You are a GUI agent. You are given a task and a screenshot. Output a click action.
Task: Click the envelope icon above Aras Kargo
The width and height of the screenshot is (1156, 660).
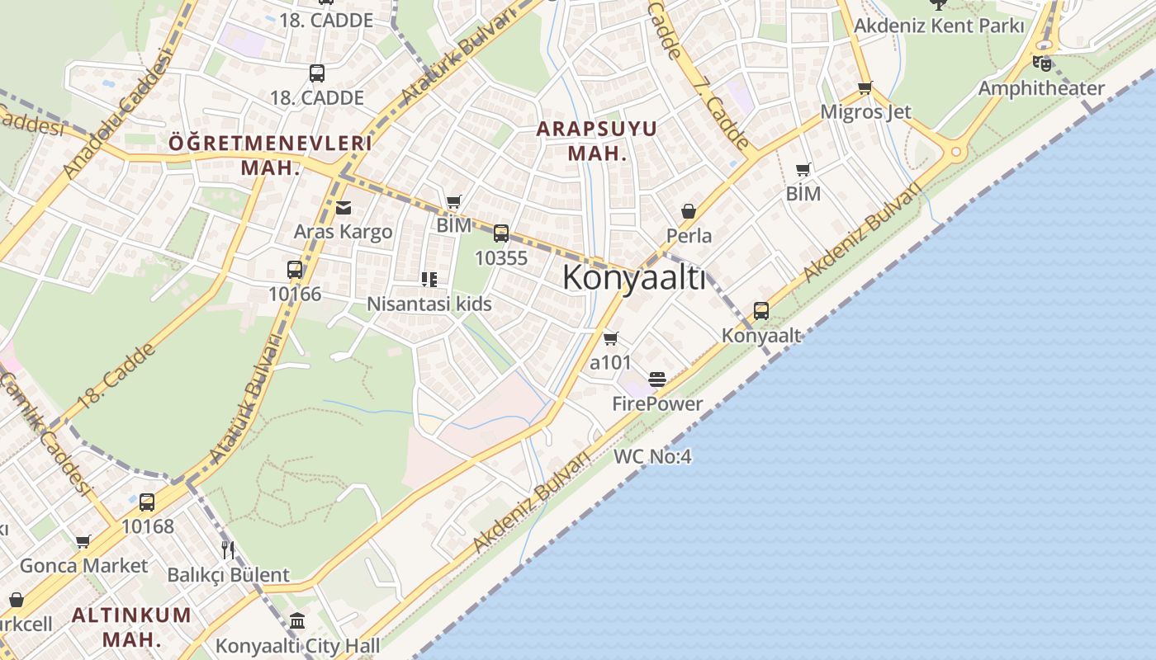tap(343, 208)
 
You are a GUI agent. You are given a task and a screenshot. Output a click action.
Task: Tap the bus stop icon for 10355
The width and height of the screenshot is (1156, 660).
tap(501, 233)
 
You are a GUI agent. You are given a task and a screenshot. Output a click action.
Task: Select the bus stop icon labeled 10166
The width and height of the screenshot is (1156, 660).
tap(295, 270)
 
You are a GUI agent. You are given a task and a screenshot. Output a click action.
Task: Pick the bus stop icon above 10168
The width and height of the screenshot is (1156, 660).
tap(147, 502)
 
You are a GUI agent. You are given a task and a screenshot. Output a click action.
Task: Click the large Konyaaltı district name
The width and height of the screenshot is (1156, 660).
tap(634, 279)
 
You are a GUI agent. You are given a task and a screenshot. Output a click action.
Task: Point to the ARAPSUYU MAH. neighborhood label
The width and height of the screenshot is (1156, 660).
tap(597, 140)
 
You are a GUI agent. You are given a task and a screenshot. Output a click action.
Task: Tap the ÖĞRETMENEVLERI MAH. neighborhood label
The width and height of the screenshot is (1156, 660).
tap(270, 155)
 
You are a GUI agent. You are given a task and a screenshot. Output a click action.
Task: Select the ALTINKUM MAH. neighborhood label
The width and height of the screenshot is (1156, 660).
tap(131, 627)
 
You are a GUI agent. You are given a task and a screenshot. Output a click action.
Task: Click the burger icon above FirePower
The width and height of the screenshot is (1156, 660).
tap(657, 379)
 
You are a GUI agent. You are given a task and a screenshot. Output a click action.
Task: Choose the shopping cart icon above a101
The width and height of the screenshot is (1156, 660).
tap(611, 338)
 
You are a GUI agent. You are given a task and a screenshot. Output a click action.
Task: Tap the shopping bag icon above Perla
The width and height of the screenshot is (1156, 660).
tap(689, 211)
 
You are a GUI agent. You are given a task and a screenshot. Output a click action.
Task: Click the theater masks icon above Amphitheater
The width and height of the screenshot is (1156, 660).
tap(1042, 63)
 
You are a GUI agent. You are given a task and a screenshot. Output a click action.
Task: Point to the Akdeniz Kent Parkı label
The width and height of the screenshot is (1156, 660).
tap(939, 26)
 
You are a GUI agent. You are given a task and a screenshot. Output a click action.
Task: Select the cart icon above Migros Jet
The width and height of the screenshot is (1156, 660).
tap(865, 87)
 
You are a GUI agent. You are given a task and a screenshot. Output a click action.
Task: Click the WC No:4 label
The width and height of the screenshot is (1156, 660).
tap(652, 456)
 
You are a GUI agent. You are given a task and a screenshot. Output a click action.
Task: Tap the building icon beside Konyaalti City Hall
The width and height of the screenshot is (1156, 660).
tap(297, 620)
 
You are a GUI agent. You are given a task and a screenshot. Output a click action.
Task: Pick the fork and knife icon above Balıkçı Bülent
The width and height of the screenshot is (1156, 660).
tap(229, 549)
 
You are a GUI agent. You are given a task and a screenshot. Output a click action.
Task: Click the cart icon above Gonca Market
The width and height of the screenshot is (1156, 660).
tap(83, 542)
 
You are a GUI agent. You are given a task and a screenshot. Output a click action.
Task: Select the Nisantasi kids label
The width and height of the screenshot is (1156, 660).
tap(429, 304)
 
